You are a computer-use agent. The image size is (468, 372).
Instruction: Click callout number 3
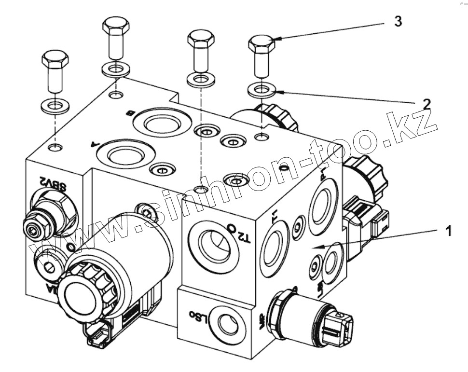point(397,22)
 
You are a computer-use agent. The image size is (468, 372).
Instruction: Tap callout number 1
point(448,231)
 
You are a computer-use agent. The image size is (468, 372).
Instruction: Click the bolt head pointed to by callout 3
point(262,45)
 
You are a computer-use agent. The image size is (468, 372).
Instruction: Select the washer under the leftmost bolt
point(55,105)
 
